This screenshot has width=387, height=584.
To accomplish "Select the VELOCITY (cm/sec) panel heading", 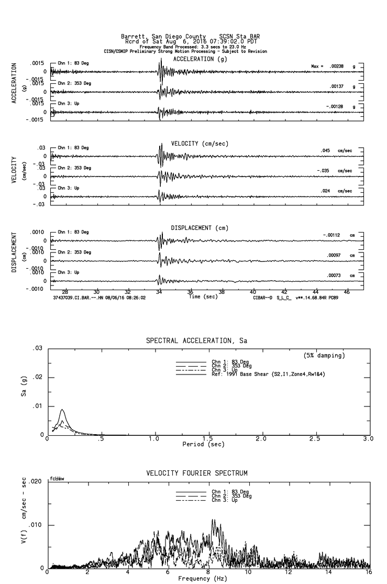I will [x=200, y=144].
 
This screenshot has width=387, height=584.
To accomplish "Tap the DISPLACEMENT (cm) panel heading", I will [x=200, y=228].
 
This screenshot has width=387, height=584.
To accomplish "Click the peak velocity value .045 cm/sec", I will [x=326, y=151].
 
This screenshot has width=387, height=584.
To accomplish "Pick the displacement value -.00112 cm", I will [x=333, y=235].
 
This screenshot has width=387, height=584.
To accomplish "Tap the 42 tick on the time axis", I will [x=284, y=291].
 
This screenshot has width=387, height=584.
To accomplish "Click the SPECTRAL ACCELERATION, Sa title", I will [x=196, y=341].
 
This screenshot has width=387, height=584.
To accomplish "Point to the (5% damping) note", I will [x=325, y=356].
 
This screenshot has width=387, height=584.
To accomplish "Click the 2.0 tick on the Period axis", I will [x=261, y=438].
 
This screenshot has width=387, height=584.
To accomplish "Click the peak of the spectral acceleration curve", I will [x=62, y=410].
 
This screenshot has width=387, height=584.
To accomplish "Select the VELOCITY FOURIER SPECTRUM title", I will [x=196, y=473].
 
